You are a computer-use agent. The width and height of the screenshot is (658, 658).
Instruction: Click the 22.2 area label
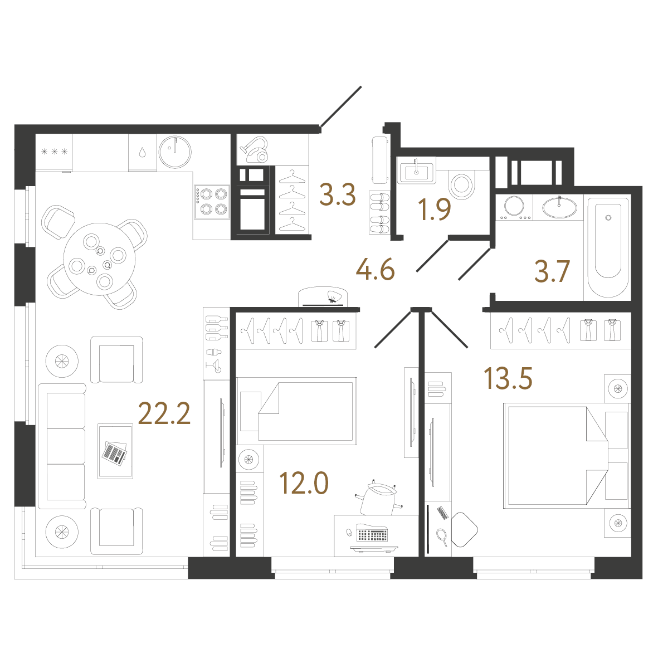164,413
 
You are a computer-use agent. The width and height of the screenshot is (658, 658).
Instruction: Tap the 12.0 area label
304,483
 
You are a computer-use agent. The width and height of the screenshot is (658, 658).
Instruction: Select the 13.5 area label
508,378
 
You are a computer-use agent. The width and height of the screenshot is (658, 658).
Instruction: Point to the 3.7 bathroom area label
552,271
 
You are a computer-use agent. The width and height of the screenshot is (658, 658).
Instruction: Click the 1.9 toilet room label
435,209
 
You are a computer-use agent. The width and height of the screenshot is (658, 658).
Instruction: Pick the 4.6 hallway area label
375,270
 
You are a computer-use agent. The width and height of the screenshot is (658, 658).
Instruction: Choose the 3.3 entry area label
338,194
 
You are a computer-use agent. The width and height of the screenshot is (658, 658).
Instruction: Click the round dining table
100,259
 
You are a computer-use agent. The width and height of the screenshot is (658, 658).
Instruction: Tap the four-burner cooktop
212,202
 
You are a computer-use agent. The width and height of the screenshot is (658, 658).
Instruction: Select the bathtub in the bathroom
608,247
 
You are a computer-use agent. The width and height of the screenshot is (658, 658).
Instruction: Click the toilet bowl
462,184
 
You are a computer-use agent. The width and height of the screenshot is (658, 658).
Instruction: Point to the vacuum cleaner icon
254,150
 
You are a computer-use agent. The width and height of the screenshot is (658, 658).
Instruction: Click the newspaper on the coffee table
115,452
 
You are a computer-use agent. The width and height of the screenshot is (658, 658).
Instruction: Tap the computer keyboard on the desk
372,534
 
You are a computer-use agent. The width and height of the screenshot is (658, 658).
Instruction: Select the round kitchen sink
175,152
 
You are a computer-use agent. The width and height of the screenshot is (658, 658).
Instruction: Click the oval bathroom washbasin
559,207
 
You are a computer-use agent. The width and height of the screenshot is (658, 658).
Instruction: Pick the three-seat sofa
62,446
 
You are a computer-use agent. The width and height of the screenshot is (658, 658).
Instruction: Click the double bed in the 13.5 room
567,456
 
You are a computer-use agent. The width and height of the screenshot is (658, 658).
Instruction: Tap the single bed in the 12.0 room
297,411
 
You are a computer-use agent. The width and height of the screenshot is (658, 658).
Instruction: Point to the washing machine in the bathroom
514,207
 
